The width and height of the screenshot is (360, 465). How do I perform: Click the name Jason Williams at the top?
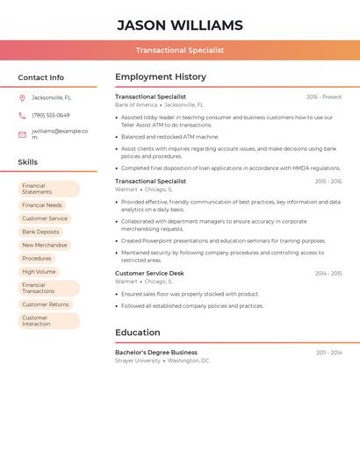coord(179,25)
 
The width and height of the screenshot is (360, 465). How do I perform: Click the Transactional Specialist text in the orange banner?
coord(179,50)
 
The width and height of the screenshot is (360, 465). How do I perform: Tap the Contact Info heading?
coord(40,77)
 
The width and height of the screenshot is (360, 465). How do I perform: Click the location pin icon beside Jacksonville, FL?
coord(22,97)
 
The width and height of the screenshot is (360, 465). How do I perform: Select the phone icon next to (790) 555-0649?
coord(22,115)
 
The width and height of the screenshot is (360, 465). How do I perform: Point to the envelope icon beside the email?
coord(22,134)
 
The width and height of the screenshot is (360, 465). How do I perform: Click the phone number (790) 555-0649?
coord(50,115)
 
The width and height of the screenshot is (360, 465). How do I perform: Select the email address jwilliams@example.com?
coord(59,134)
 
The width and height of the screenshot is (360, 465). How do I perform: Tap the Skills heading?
coord(27,162)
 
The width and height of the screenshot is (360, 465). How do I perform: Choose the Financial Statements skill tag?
coord(48,189)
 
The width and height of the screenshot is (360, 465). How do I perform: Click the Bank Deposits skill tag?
coord(40,232)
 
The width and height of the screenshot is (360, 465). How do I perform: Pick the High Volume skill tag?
coord(39,272)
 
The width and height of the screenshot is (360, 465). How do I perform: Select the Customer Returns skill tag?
coord(45,304)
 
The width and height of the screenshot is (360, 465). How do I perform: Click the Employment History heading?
coord(161,76)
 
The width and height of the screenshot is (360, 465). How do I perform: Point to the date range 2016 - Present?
coord(324,97)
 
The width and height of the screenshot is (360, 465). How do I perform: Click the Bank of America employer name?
coord(136,104)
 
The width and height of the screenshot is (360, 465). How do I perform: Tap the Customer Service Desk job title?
coord(149,273)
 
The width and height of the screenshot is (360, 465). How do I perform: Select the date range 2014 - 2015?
coord(328,274)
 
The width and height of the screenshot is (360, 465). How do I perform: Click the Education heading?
coord(137,333)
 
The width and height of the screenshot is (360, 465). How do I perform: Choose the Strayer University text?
coord(138,361)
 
